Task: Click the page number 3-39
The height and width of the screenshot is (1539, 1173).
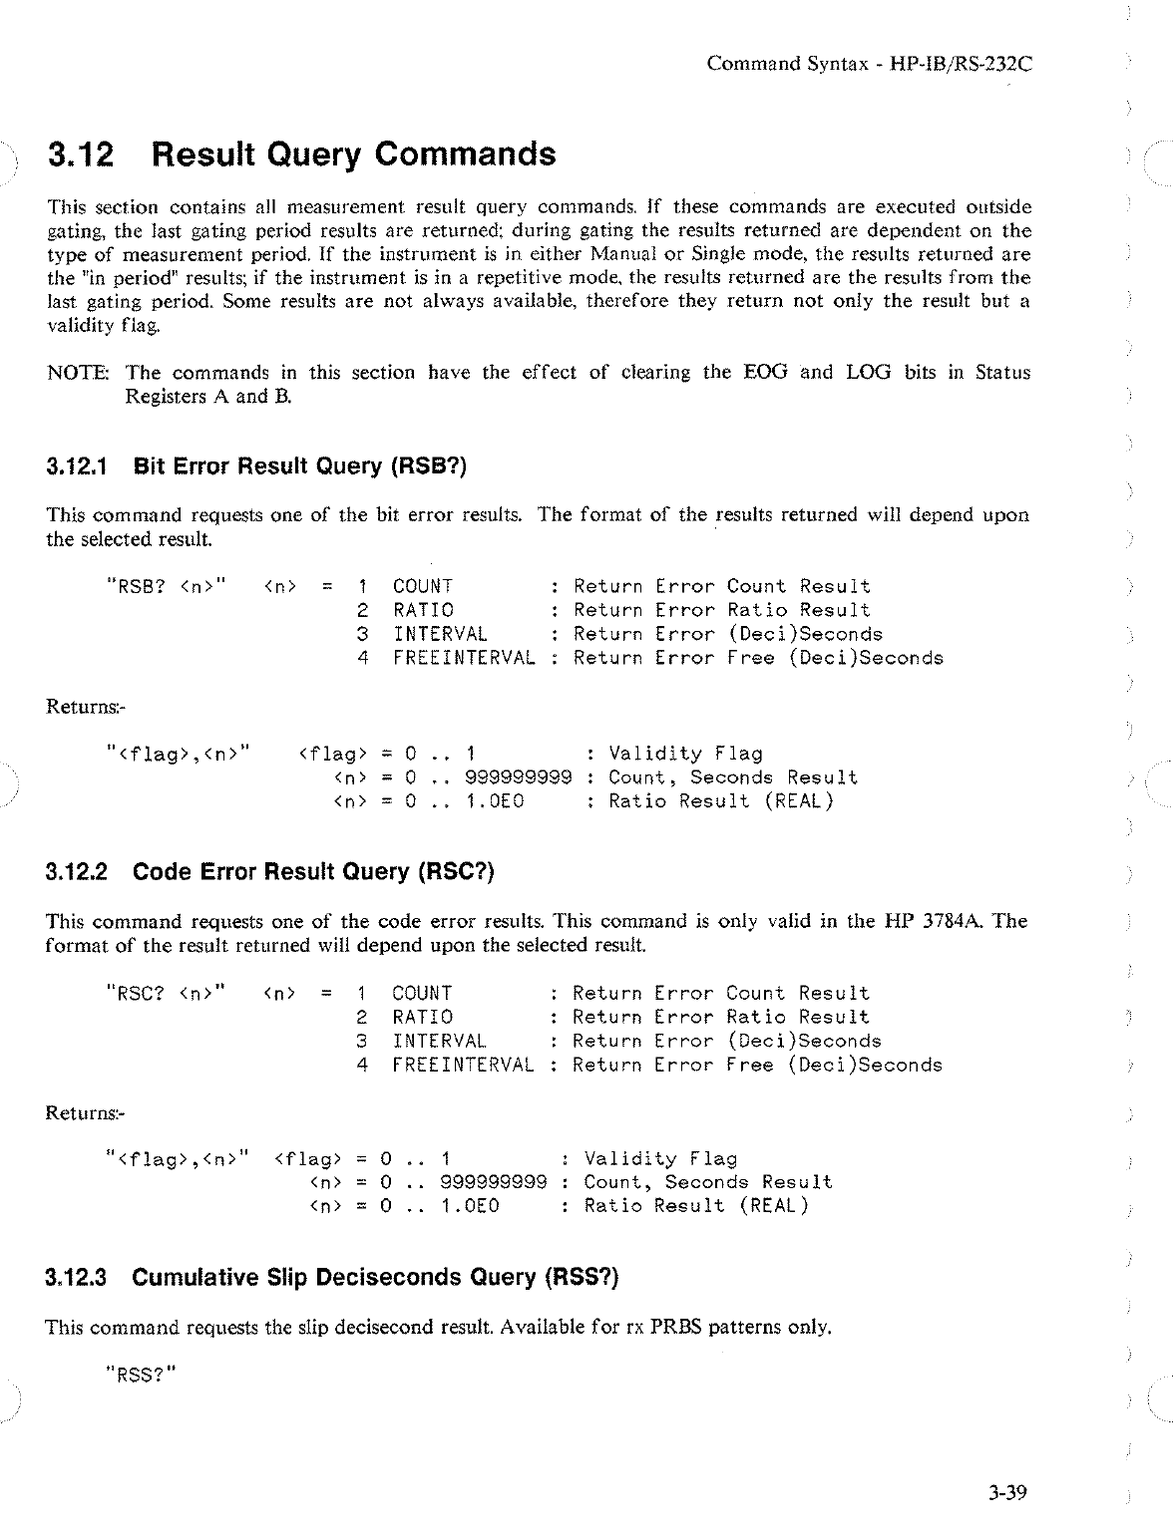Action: (x=1007, y=1492)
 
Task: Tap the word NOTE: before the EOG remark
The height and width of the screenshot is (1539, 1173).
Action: (x=81, y=373)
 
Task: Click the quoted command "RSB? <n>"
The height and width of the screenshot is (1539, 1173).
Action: (x=167, y=586)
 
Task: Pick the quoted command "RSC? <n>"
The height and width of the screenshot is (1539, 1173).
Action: (x=166, y=993)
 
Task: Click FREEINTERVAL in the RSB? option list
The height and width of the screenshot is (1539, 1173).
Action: (x=464, y=658)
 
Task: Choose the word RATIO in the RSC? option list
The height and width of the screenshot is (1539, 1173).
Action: (x=423, y=1017)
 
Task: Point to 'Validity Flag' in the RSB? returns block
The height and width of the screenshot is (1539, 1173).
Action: (x=685, y=754)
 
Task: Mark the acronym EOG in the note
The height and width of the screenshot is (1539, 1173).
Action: (x=765, y=373)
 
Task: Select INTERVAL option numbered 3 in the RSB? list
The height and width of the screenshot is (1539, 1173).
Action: (x=440, y=634)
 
